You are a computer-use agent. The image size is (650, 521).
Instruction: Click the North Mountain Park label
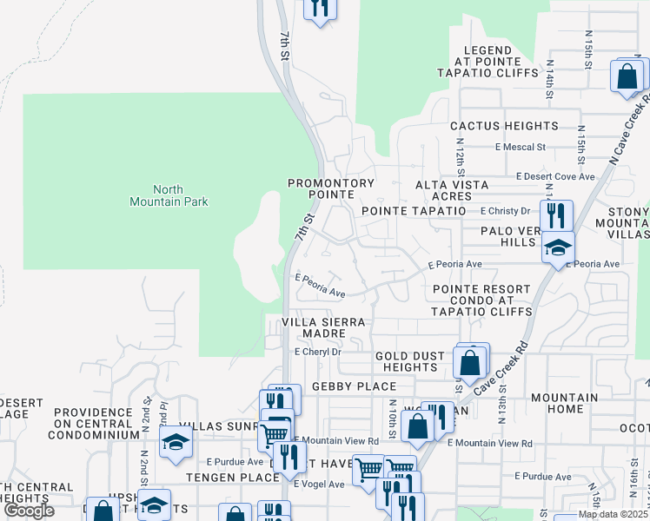tap(169, 195)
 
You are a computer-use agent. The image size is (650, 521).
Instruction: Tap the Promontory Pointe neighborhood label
tap(331, 189)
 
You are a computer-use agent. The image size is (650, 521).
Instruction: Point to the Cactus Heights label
tap(503, 127)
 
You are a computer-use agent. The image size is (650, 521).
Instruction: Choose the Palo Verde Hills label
tap(512, 236)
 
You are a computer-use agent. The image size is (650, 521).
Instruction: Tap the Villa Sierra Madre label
tap(325, 328)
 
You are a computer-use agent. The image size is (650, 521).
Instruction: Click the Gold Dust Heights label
tap(409, 361)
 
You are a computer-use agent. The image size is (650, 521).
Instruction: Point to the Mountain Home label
tap(564, 403)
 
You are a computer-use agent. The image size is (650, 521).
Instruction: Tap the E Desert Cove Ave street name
tap(555, 176)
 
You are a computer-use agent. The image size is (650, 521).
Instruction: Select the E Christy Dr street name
tap(505, 211)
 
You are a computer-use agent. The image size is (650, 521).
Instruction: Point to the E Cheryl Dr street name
tap(318, 353)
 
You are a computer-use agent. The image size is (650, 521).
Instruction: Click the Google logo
tap(30, 511)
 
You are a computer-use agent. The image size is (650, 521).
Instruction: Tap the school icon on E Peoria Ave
tap(558, 247)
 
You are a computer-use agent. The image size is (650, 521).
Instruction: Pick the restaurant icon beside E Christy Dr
tap(556, 214)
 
